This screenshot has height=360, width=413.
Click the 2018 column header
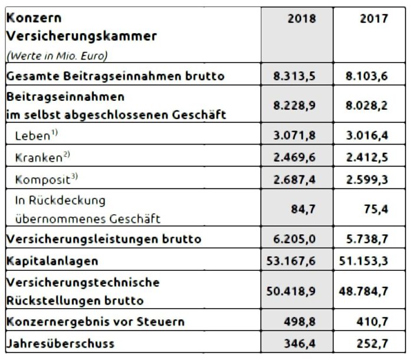point(301,18)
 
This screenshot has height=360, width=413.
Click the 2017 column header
point(373,18)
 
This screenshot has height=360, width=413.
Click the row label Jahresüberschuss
point(60,343)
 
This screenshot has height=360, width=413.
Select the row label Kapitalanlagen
point(52,260)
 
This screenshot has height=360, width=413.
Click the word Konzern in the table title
point(30,18)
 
